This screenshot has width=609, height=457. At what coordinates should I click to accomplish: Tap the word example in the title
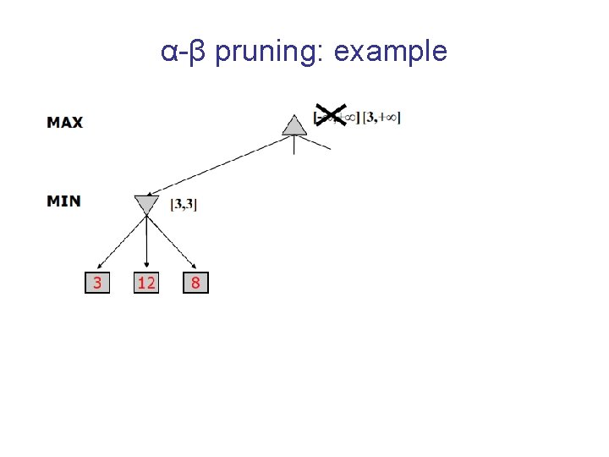click(391, 52)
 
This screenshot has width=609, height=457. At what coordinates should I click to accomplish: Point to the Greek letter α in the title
click(169, 52)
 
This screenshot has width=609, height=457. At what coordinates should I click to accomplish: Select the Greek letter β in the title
click(196, 52)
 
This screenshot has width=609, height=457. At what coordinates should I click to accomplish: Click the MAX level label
click(65, 123)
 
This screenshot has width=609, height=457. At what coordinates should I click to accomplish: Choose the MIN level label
click(63, 201)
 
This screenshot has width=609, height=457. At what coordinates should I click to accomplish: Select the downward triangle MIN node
click(146, 204)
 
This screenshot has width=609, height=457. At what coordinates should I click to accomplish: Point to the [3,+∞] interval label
click(381, 118)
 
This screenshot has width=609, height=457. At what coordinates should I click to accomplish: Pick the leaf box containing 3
click(97, 283)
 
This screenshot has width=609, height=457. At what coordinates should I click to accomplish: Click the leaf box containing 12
click(146, 283)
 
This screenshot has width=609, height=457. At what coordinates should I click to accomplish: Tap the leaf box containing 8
click(195, 283)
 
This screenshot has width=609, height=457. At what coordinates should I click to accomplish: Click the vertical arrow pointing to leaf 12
click(147, 245)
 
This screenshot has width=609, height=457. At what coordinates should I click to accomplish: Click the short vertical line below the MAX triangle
click(294, 145)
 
